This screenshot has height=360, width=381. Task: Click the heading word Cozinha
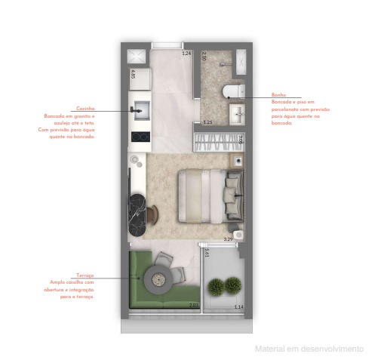click(83, 109)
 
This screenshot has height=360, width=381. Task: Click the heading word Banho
click(278, 94)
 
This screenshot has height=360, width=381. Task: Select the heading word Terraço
click(84, 276)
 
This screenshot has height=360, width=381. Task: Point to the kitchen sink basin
click(139, 110)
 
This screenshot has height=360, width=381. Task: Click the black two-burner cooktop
click(139, 137)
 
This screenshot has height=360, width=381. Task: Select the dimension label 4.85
click(133, 75)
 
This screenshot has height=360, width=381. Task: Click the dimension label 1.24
click(186, 54)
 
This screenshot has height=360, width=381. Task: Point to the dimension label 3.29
click(228, 239)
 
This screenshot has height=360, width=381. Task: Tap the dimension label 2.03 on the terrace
click(193, 306)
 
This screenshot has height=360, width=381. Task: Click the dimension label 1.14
click(238, 306)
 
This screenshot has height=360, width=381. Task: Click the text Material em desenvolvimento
click(309, 349)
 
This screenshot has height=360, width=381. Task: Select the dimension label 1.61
click(205, 254)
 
